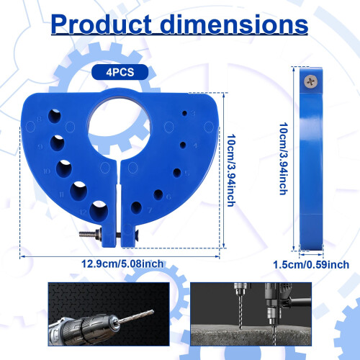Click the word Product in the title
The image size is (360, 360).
tap(102, 24)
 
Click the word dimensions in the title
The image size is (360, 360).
tap(234, 24)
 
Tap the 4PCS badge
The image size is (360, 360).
tap(120, 72)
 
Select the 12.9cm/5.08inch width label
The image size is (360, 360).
tap(122, 264)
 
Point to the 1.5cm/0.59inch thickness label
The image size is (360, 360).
tap(311, 265)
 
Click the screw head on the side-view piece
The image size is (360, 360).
tap(311, 82)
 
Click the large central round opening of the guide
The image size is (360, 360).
tap(120, 127)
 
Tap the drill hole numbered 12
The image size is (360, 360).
tap(99, 210)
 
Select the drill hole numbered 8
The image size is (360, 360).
tap(55, 116)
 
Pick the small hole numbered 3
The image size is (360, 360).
tap(184, 113)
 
